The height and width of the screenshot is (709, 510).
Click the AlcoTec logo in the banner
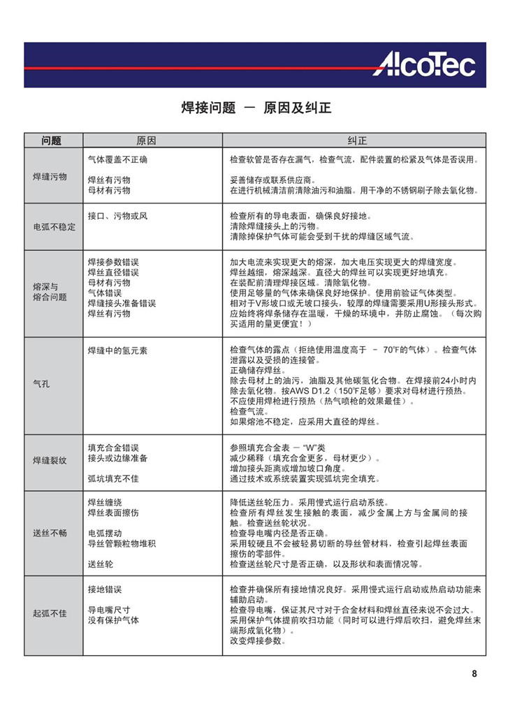[x=423, y=65]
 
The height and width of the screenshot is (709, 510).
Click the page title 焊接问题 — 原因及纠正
[x=255, y=108]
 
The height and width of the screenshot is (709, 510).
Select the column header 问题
[x=52, y=140]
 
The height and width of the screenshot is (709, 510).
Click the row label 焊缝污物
[x=50, y=176]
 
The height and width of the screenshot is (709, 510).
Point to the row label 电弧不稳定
[x=54, y=227]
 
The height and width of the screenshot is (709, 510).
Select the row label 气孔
[x=42, y=383]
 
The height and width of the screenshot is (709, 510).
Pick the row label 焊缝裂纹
[x=50, y=461]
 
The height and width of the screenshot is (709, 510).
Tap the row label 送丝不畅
[x=50, y=533]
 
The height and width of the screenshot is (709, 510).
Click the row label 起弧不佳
[x=50, y=613]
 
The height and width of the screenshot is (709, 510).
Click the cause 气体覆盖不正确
[x=117, y=159]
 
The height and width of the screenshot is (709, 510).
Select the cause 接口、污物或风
[x=117, y=216]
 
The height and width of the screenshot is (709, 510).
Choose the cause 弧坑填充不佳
[x=113, y=479]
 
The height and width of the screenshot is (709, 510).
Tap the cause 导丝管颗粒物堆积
[x=122, y=543]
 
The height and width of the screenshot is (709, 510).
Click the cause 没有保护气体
[x=113, y=620]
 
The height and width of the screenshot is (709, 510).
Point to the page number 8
[x=474, y=674]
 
